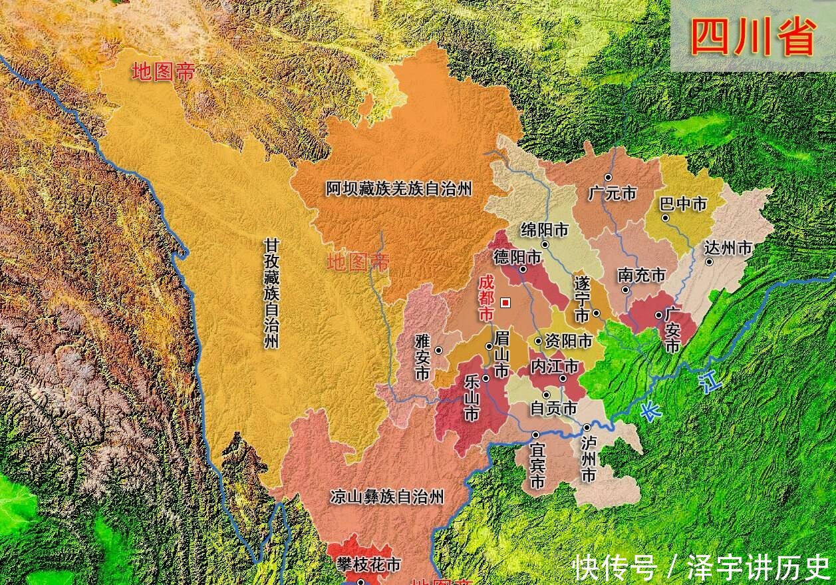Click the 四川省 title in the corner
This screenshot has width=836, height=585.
tap(752, 37)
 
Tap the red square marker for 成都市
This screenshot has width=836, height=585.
tap(505, 303)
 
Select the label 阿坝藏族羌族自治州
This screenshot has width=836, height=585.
tap(398, 189)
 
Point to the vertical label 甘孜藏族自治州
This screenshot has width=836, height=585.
tap(271, 293)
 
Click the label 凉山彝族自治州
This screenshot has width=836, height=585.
tap(387, 496)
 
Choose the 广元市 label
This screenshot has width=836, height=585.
tap(613, 194)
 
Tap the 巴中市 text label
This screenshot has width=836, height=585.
tap(683, 204)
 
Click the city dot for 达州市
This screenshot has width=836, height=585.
tap(709, 262)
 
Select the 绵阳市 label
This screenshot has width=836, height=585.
tap(545, 230)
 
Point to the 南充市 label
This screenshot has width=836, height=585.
tap(641, 275)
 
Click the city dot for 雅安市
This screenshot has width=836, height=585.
tap(438, 350)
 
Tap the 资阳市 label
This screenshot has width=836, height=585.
tap(568, 341)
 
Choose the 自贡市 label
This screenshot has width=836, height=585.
tap(553, 408)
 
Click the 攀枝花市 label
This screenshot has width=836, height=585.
tap(368, 565)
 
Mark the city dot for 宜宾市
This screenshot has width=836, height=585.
tap(535, 435)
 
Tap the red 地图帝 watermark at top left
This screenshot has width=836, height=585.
tap(164, 72)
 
